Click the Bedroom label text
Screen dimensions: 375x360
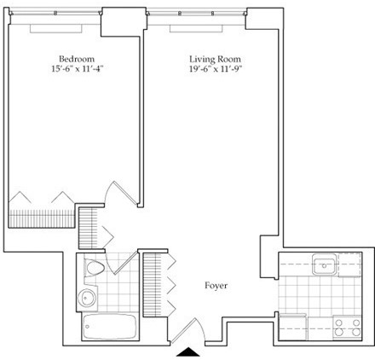(77, 59)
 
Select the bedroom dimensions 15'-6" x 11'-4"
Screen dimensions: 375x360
(77, 69)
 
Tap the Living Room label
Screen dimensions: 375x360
(215, 59)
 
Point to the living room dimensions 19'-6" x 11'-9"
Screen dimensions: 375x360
(215, 69)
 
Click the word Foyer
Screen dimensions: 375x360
(216, 285)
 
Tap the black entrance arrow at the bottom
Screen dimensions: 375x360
(188, 352)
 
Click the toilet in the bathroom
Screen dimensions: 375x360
(95, 268)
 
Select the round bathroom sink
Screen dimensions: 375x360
(87, 298)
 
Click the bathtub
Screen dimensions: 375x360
(110, 326)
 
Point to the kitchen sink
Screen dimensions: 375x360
(325, 264)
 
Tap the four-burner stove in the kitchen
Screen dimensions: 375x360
(347, 328)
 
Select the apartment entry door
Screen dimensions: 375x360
(187, 330)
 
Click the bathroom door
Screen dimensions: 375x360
(122, 263)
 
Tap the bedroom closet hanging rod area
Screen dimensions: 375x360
(42, 218)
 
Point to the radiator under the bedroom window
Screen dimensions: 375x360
(55, 29)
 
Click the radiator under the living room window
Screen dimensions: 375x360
(196, 29)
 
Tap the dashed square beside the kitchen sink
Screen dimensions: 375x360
(350, 264)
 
